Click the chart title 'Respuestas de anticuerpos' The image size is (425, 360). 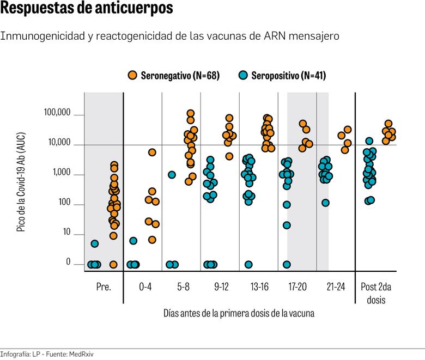click(x=87, y=9)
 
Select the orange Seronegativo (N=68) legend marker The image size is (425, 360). click(x=132, y=76)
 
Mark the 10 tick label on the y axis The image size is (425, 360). click(x=66, y=233)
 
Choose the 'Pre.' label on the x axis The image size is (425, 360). click(x=104, y=287)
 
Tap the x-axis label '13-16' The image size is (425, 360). click(x=259, y=287)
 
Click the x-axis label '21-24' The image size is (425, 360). click(x=336, y=287)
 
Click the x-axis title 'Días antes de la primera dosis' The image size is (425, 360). click(x=239, y=314)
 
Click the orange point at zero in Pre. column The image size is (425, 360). click(x=113, y=265)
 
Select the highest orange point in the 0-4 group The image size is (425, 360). click(x=152, y=152)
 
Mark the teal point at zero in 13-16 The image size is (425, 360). click(x=248, y=265)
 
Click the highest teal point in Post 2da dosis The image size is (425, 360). click(x=369, y=141)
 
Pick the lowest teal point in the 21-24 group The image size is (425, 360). click(x=325, y=203)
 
